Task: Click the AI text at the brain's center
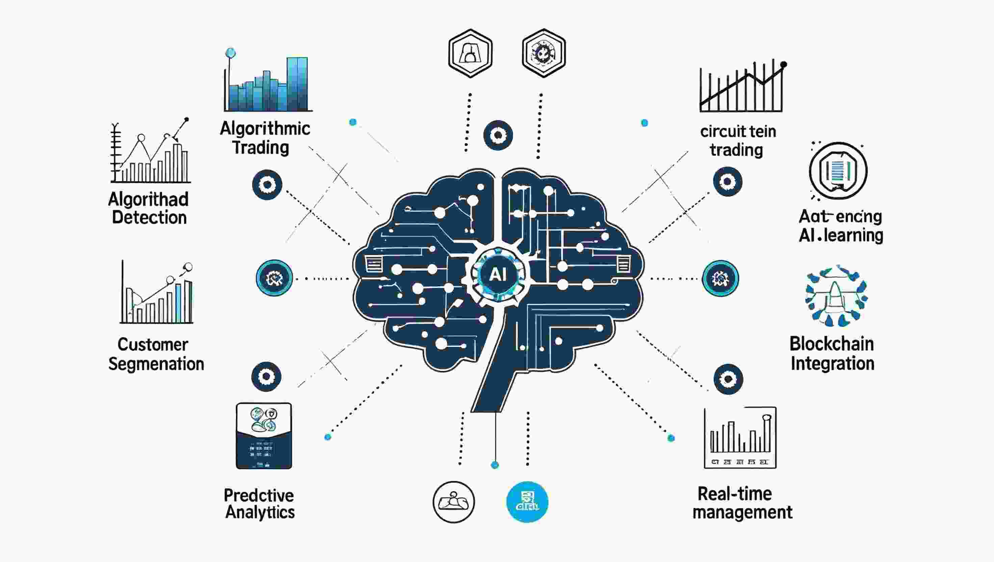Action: click(x=497, y=275)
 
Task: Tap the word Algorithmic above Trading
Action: click(x=265, y=129)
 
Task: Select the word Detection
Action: click(x=149, y=218)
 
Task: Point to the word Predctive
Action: click(x=259, y=495)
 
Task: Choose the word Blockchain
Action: click(x=832, y=344)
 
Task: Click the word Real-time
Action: click(x=735, y=494)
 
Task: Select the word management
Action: click(x=742, y=513)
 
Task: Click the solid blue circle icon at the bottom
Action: click(x=527, y=502)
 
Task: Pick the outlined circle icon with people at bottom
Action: click(x=454, y=502)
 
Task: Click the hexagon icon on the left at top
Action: click(x=470, y=53)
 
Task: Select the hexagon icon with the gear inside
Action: click(x=544, y=53)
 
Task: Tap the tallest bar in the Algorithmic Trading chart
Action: click(x=297, y=84)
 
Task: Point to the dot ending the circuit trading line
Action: click(x=784, y=65)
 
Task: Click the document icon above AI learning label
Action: click(x=838, y=171)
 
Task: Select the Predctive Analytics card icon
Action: click(x=264, y=436)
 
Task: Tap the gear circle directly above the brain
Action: click(x=498, y=135)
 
